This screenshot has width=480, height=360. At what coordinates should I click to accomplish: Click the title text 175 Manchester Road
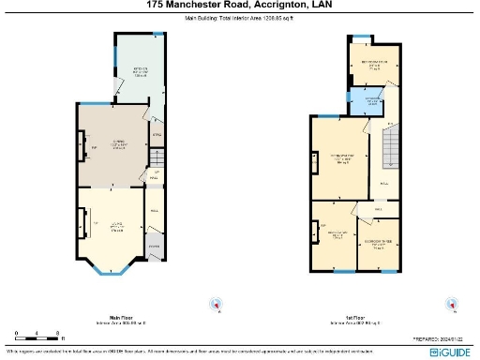click(x=187, y=5)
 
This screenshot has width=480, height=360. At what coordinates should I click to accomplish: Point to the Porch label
click(x=153, y=247)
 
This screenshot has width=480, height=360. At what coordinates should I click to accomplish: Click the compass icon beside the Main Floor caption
click(x=217, y=304)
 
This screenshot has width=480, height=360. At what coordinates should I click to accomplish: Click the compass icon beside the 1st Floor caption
click(x=447, y=304)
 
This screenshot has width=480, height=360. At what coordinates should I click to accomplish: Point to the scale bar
click(x=37, y=334)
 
